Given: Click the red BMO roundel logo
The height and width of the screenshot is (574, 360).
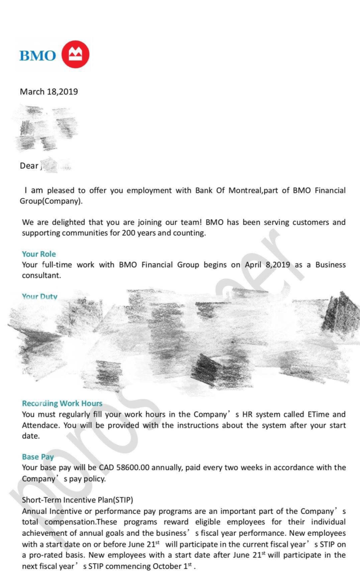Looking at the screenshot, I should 75,54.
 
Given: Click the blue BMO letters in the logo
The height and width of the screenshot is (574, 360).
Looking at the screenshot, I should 38,56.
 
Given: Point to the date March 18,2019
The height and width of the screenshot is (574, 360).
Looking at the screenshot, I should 49,91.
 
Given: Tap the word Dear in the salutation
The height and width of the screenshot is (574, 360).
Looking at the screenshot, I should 29,166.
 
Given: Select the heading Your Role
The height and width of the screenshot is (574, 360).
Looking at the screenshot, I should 39,254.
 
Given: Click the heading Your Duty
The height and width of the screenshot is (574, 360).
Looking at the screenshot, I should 39,296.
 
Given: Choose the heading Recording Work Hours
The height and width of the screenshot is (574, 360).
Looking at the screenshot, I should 62,403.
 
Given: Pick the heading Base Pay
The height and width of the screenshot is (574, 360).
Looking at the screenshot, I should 38,457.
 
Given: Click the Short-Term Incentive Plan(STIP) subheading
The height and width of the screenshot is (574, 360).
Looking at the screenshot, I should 77,499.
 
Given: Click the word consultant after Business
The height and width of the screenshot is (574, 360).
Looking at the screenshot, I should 41,275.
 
